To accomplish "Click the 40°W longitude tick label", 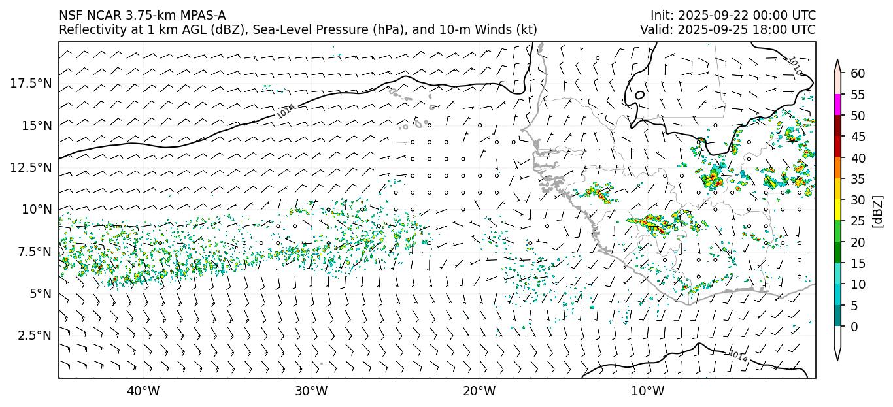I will pyautogui.click(x=143, y=391).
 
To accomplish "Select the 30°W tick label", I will pyautogui.click(x=311, y=391).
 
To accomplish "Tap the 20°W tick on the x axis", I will pyautogui.click(x=479, y=391).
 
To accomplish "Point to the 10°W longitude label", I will pyautogui.click(x=648, y=391).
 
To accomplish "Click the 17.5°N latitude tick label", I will pyautogui.click(x=30, y=83).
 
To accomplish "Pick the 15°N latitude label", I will pyautogui.click(x=35, y=125).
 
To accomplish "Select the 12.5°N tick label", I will pyautogui.click(x=30, y=167).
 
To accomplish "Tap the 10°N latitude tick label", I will pyautogui.click(x=35, y=209).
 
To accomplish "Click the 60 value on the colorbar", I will pyautogui.click(x=858, y=73).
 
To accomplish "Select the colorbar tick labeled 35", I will pyautogui.click(x=858, y=179).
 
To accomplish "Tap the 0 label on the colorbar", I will pyautogui.click(x=854, y=327).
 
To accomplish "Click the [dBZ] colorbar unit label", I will pyautogui.click(x=878, y=210).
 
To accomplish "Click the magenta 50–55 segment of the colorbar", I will pyautogui.click(x=837, y=105).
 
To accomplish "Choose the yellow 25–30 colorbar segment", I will pyautogui.click(x=837, y=210).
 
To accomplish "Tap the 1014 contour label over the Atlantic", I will pyautogui.click(x=285, y=111).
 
